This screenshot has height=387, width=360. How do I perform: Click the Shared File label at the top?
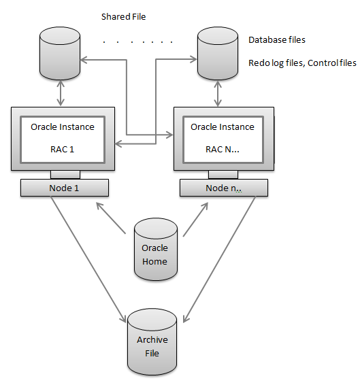click(x=123, y=16)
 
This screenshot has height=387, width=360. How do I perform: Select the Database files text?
click(x=277, y=40)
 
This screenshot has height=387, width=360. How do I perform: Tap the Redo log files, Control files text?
click(x=301, y=63)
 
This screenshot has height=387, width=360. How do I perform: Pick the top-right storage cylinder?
click(x=217, y=52)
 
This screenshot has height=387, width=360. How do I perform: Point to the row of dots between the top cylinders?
click(x=138, y=42)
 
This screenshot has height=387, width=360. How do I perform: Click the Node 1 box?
click(x=64, y=188)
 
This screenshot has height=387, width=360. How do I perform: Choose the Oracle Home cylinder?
click(x=155, y=250)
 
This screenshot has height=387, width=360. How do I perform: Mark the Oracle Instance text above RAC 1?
click(x=63, y=127)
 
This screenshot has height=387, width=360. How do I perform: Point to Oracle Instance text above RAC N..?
click(x=223, y=127)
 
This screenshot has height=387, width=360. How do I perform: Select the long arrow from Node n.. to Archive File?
click(x=219, y=258)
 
